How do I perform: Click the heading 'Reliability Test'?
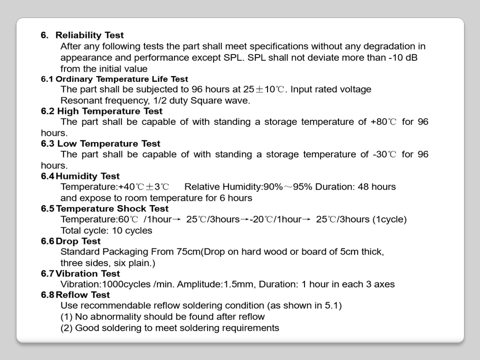click(x=89, y=35)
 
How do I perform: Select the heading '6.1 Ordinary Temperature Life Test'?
click(x=114, y=79)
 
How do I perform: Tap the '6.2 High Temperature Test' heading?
click(x=101, y=111)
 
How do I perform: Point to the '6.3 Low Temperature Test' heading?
click(x=100, y=143)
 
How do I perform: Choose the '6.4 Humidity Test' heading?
click(x=80, y=176)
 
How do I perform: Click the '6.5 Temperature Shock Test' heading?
click(x=104, y=208)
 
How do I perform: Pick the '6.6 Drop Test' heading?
click(x=70, y=241)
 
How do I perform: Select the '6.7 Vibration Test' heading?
click(x=80, y=273)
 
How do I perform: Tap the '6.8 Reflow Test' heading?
click(x=75, y=294)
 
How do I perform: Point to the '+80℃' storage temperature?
click(x=383, y=122)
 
